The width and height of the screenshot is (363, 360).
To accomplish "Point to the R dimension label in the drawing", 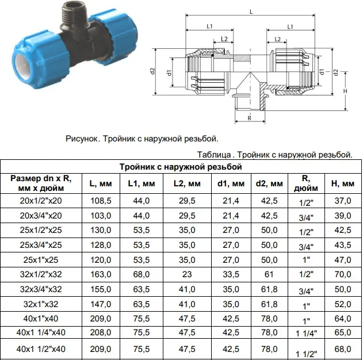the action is (x=250, y=118).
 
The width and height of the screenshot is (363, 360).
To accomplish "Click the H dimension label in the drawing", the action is (x=345, y=91).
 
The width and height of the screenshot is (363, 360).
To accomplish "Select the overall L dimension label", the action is (x=251, y=12).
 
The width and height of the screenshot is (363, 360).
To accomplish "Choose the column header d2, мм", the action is (x=269, y=183).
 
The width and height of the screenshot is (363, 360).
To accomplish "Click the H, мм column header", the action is (x=343, y=183).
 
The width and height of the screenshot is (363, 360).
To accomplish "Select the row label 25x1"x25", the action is (x=41, y=260).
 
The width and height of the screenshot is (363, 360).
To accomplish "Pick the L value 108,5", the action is (x=101, y=201).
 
